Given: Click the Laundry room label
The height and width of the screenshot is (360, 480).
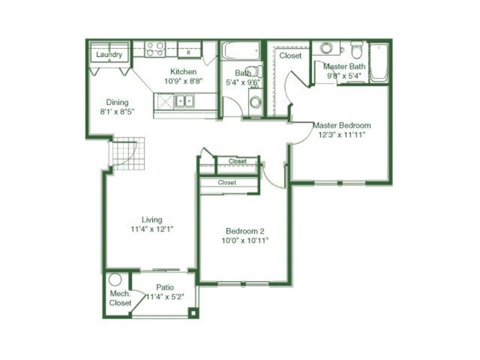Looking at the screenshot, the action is pyautogui.click(x=109, y=55).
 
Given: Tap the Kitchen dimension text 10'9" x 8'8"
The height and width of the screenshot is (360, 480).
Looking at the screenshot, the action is pyautogui.click(x=184, y=81).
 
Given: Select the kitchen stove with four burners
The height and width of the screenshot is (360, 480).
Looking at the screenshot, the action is pyautogui.click(x=155, y=49).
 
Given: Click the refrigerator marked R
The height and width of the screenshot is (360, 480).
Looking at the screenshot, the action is pyautogui.click(x=189, y=50).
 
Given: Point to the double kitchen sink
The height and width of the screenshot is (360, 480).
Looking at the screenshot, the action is pyautogui.click(x=185, y=101).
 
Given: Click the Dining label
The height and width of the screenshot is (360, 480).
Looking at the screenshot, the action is pyautogui.click(x=117, y=102).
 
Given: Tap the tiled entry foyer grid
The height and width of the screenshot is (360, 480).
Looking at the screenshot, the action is pyautogui.click(x=127, y=154).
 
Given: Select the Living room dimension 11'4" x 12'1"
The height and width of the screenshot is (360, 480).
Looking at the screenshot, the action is pyautogui.click(x=152, y=229).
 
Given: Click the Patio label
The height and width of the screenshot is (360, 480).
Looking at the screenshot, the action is pyautogui.click(x=165, y=287).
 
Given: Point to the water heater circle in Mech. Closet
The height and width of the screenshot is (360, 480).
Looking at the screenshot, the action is pyautogui.click(x=115, y=280).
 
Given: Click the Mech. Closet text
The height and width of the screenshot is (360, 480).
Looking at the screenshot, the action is pyautogui.click(x=121, y=298).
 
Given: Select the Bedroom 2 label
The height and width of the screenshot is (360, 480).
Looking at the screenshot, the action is pyautogui.click(x=245, y=231).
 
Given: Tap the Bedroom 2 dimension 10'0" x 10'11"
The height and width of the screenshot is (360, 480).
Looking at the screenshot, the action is pyautogui.click(x=245, y=241).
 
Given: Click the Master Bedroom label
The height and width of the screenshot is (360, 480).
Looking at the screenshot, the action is pyautogui.click(x=341, y=125).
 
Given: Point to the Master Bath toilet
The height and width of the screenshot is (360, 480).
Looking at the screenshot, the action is pyautogui.click(x=356, y=50).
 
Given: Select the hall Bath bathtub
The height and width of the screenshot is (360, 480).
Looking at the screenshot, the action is pyautogui.click(x=241, y=50).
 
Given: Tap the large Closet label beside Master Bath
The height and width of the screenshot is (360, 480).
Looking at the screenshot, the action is pyautogui.click(x=290, y=56).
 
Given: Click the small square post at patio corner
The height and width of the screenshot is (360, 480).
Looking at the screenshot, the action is pyautogui.click(x=193, y=313).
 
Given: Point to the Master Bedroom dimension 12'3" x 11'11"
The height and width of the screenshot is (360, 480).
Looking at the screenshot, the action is pyautogui.click(x=342, y=134).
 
